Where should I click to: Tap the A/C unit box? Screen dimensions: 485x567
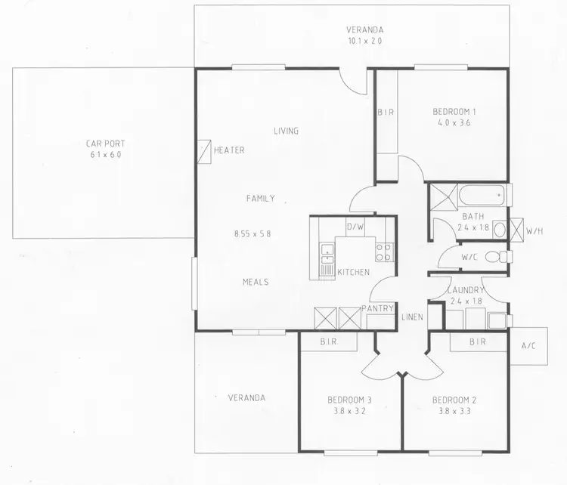pyautogui.click(x=528, y=347)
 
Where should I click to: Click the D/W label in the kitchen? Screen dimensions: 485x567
pyautogui.click(x=355, y=227)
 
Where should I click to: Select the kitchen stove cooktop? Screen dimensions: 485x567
pyautogui.click(x=383, y=252)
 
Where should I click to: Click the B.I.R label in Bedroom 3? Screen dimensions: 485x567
pyautogui.click(x=328, y=341)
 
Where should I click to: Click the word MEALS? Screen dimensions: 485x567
pyautogui.click(x=256, y=282)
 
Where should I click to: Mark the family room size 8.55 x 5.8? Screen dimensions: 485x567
pyautogui.click(x=253, y=233)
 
